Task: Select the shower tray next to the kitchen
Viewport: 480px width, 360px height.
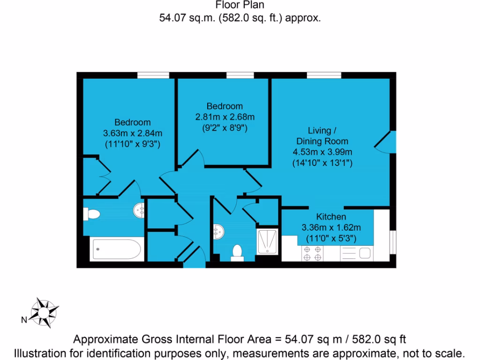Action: [x=268, y=241]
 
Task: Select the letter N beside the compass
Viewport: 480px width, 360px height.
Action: [x=23, y=321]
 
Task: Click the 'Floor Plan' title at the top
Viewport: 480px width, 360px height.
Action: [x=240, y=6]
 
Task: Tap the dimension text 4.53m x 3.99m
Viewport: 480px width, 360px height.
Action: [x=322, y=152]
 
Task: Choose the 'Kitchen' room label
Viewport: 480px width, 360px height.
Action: [x=331, y=217]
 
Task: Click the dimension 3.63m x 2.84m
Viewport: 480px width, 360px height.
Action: [x=133, y=134]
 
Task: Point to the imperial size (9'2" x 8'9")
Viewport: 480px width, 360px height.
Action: [x=225, y=127]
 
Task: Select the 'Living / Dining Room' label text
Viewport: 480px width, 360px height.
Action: [x=322, y=135]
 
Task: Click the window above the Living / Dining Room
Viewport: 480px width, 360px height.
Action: [x=324, y=75]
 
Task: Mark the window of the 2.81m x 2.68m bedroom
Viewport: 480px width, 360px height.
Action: [x=240, y=75]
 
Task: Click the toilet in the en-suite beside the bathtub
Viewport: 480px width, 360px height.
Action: [x=92, y=215]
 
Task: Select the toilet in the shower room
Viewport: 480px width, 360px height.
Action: [x=237, y=252]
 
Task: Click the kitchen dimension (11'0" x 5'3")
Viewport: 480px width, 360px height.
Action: [x=331, y=238]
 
